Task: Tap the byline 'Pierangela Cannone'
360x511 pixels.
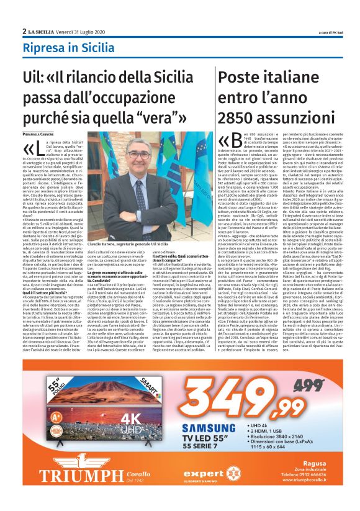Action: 42,133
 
